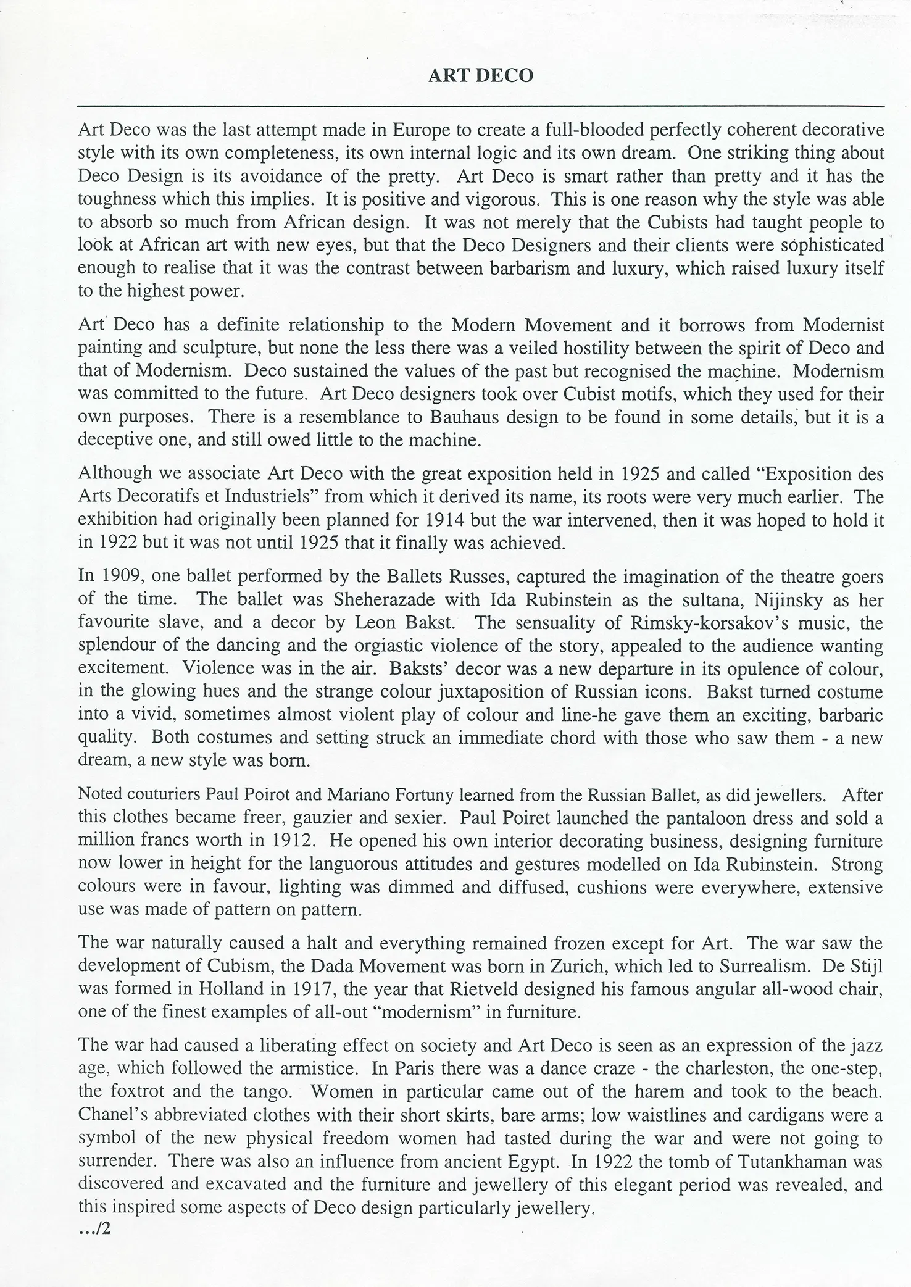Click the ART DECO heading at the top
(481, 75)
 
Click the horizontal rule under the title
(481, 107)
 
